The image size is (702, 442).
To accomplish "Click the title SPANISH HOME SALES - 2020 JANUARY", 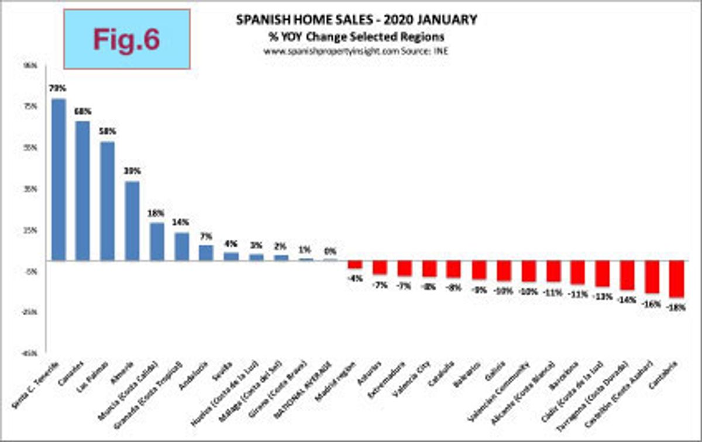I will pos(356,20).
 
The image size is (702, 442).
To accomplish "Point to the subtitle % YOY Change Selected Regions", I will pos(356,36).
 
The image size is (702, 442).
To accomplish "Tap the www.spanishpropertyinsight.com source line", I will pos(356,51).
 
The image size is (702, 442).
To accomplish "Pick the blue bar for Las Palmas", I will pos(107,201).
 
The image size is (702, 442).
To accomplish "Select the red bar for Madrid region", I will pos(355,264).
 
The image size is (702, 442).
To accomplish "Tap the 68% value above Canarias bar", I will pos(82,110).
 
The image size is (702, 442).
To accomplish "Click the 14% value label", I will pos(181,222).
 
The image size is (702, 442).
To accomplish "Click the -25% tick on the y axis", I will pos(28,312).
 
